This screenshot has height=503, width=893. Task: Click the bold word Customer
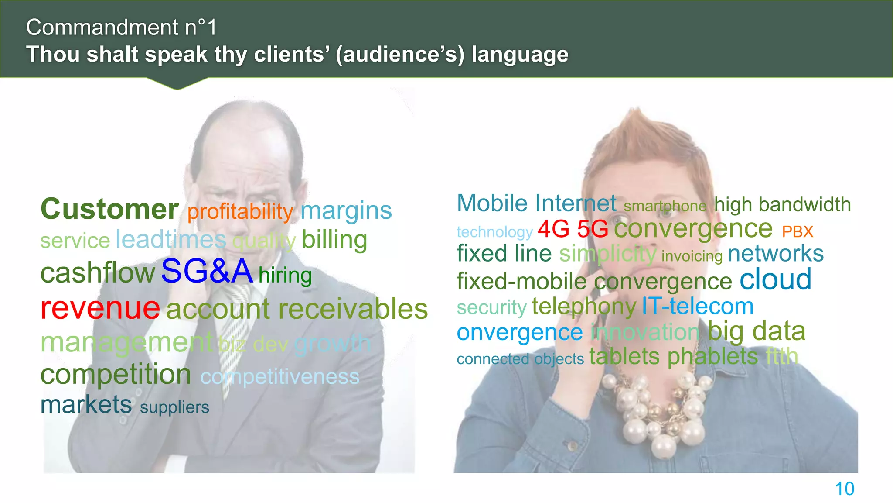click(109, 209)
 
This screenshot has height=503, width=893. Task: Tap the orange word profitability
click(240, 212)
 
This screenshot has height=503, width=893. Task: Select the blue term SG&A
click(207, 272)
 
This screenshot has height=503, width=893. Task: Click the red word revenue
click(100, 308)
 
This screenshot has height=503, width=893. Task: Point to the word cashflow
click(98, 273)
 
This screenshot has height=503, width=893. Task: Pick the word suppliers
click(174, 407)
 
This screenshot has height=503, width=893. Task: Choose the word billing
click(334, 240)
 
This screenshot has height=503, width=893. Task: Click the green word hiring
click(285, 276)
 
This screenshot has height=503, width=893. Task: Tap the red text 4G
click(553, 229)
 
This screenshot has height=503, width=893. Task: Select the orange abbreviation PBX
click(798, 232)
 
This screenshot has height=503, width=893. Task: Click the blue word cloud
click(775, 279)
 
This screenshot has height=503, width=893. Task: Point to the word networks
click(776, 254)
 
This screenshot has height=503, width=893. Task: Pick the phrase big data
click(756, 332)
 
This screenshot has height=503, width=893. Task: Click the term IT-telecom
click(698, 307)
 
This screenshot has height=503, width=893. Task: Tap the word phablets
click(712, 357)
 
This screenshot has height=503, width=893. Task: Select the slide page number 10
click(844, 489)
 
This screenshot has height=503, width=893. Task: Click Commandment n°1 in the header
click(121, 28)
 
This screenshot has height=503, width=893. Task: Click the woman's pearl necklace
click(654, 410)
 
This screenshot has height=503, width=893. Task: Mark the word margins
click(346, 211)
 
